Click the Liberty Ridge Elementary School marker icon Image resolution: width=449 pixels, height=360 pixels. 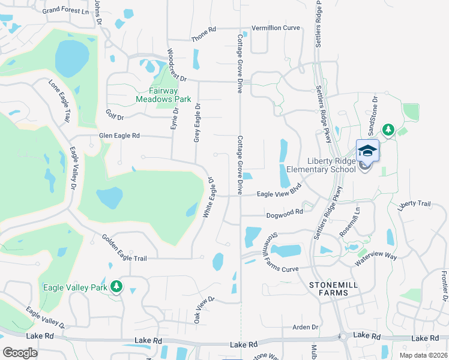pos(367,151)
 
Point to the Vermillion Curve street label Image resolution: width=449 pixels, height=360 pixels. pos(275,28)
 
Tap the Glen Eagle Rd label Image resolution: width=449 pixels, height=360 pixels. pos(119,136)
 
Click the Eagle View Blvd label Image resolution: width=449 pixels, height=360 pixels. pos(278,193)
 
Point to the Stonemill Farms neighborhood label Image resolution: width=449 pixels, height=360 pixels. pos(329,288)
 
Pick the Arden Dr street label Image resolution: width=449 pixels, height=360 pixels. pos(304,327)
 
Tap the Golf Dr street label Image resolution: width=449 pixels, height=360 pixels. pos(114,114)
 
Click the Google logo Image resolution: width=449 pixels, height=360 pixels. pos(20,352)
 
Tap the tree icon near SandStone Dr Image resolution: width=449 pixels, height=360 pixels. pos(388,130)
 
